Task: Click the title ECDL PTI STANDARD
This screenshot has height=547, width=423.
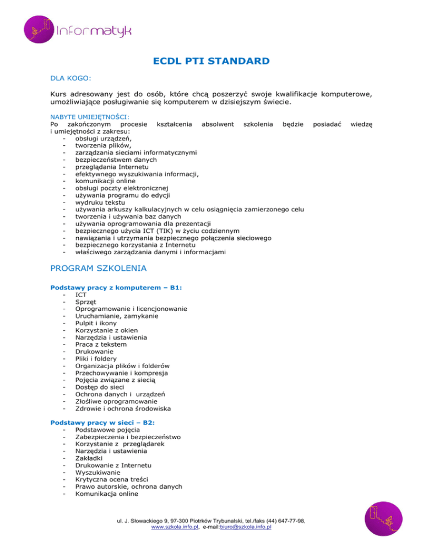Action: pos(211,61)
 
